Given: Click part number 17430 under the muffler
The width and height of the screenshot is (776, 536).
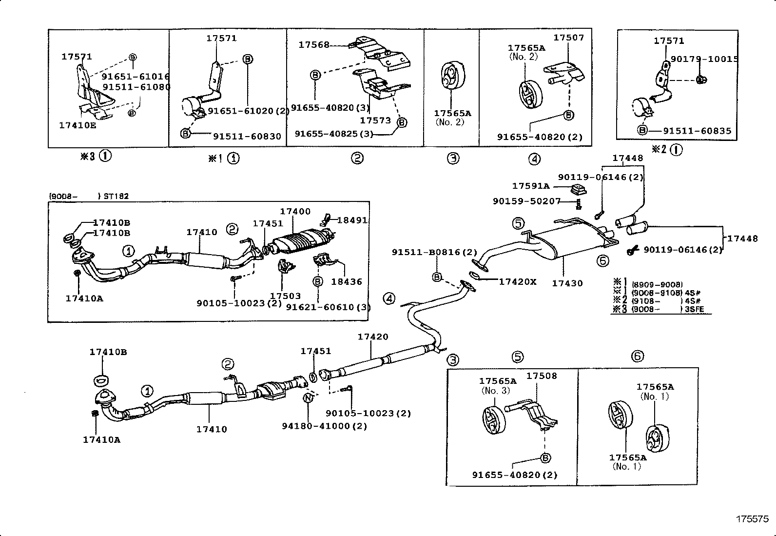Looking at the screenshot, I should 567,283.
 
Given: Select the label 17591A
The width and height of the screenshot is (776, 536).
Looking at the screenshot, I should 530,186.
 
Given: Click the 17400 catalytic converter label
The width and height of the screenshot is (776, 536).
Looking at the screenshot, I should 295,211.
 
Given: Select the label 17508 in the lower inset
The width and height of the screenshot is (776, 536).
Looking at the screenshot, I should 542,376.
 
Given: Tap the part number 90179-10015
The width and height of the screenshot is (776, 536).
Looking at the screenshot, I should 704,59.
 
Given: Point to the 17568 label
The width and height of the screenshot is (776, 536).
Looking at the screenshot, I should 314,45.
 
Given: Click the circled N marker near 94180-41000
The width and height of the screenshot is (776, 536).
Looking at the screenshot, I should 308,397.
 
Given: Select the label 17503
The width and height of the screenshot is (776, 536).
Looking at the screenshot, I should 285,296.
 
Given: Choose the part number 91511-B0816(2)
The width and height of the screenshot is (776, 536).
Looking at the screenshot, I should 434,252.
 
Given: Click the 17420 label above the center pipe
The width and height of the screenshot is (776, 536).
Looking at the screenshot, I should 373,337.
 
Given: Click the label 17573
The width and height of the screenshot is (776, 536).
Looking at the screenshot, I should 375,120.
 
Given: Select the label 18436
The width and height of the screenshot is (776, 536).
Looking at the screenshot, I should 347,281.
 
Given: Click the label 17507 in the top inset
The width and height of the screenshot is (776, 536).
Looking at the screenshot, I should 568,38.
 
